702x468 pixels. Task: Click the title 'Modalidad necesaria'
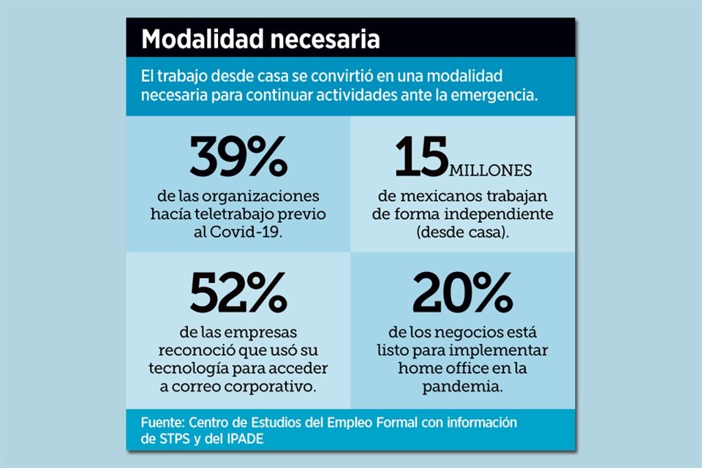(x=260, y=39)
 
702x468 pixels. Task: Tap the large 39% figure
(x=238, y=157)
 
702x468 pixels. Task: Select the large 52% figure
(x=238, y=293)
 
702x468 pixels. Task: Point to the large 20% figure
(x=462, y=293)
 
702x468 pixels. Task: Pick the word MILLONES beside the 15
(x=490, y=171)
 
